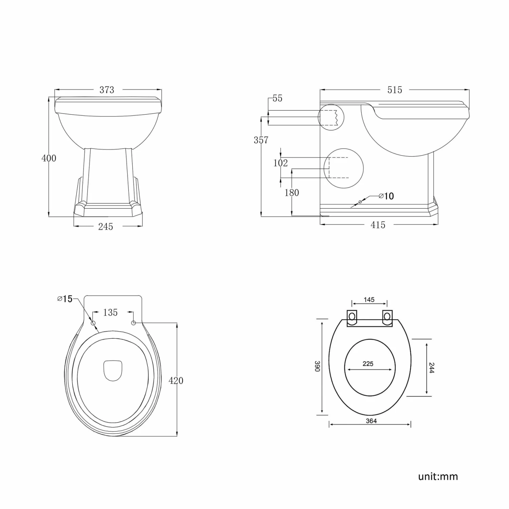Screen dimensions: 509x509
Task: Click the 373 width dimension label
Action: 107,90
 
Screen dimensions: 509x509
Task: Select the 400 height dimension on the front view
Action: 49,158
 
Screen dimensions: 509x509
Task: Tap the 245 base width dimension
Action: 106,227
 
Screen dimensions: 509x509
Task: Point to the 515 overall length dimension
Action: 395,90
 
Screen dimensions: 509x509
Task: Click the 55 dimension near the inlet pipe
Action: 277,98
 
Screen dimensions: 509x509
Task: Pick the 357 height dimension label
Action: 261,140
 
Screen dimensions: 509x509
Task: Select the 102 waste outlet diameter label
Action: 281,163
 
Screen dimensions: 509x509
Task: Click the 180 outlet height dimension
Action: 291,193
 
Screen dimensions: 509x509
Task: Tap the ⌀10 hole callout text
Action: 386,196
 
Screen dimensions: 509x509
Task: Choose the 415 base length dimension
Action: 378,225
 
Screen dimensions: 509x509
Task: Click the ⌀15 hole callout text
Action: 65,299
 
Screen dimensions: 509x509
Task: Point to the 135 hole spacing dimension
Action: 110,313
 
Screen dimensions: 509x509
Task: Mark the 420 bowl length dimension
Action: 176,381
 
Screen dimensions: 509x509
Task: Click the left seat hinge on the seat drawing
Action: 352,317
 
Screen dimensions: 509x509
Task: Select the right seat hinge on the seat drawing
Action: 387,317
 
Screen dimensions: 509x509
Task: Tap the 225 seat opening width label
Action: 368,364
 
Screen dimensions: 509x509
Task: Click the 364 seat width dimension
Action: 371,421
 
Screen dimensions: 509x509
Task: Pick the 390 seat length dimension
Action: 317,366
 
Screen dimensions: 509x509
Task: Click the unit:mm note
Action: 438,477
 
